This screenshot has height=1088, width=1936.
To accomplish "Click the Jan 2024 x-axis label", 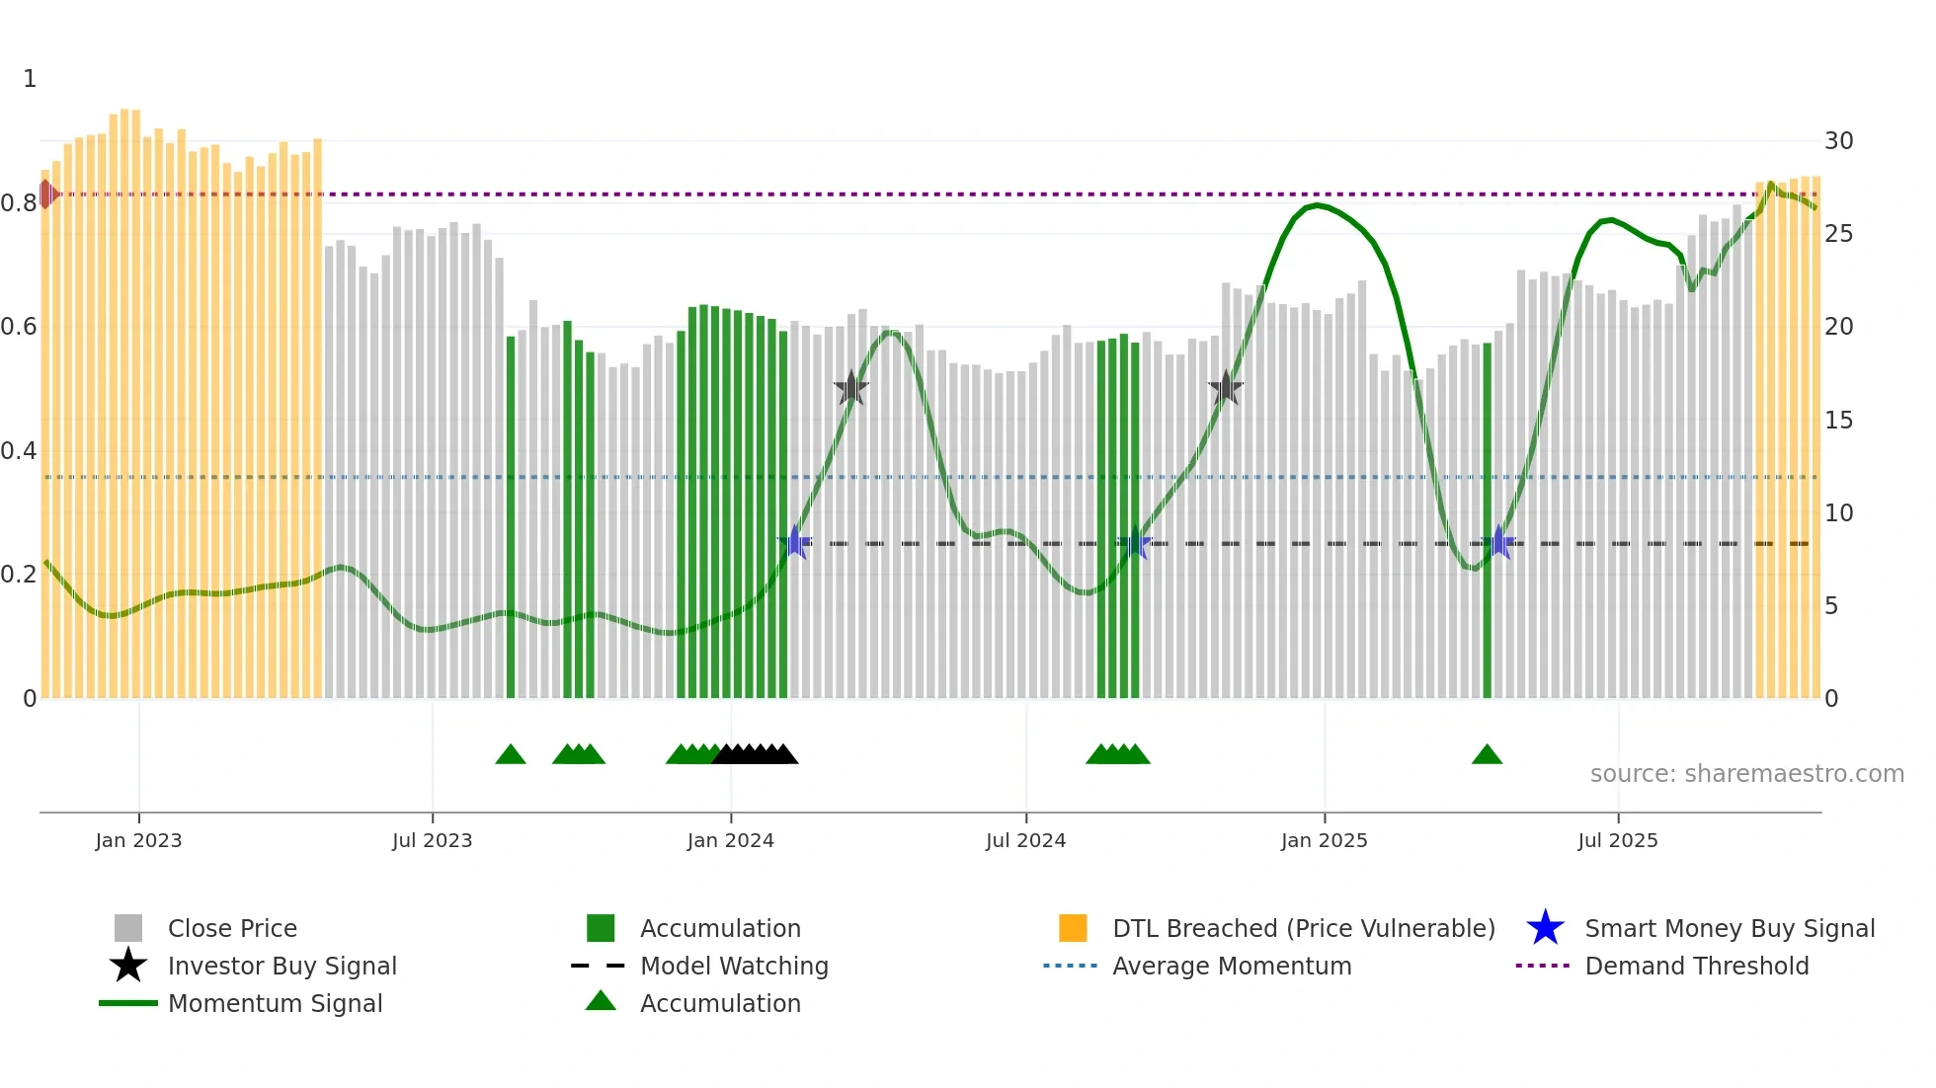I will [730, 840].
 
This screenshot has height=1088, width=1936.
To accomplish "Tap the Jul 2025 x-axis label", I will [1617, 840].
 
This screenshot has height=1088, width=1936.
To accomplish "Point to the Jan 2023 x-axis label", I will [138, 840].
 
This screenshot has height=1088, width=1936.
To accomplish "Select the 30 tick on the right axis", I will [1838, 141].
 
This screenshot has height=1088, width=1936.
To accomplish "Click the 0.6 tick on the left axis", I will [19, 327].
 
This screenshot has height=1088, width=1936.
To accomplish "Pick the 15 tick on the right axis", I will [1838, 421].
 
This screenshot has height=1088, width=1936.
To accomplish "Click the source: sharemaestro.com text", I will [1746, 774].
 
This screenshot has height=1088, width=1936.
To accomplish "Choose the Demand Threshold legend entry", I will [1696, 966].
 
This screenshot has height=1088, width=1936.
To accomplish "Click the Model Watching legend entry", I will [733, 966].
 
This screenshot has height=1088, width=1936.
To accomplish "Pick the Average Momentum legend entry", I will [1231, 966].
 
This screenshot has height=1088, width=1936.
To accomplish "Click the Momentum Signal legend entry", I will [275, 1003].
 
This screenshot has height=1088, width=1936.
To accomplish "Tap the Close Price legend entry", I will [231, 928].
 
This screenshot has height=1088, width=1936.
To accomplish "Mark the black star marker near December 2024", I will [1226, 389].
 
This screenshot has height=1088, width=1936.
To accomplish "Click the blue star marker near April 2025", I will [1498, 543].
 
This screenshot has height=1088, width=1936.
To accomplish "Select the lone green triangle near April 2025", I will [1487, 755].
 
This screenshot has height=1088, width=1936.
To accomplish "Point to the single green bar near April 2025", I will [1487, 523].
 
